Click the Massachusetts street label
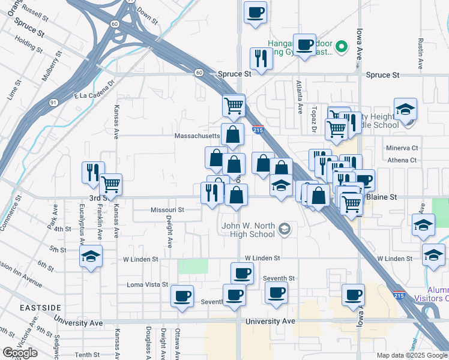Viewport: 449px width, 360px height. [x=196, y=136]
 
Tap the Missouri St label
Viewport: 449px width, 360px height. [x=167, y=210]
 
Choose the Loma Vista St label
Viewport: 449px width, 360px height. [x=147, y=284]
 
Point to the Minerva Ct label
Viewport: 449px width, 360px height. [x=402, y=148]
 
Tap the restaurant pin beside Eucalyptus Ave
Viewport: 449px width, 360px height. [x=92, y=172]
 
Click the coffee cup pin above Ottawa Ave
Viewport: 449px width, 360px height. [x=182, y=296]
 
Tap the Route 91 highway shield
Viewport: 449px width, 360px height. [x=53, y=103]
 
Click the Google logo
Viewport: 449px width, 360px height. [x=20, y=352]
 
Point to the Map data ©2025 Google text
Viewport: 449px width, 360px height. [x=412, y=355]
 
